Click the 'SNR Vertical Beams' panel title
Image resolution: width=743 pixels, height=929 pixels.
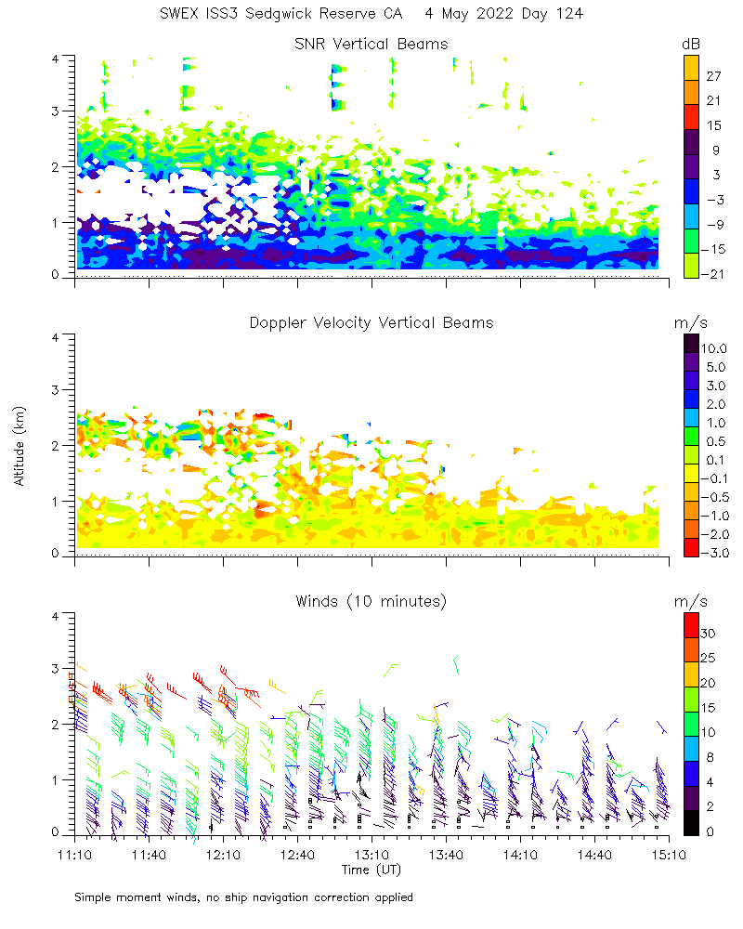[371, 44]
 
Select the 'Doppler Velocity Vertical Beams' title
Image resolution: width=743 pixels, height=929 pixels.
[371, 322]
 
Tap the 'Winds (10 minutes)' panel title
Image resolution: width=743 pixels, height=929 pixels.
[371, 601]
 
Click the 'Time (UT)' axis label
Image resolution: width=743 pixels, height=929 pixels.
[371, 870]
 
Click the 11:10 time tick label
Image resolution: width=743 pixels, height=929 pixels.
[74, 854]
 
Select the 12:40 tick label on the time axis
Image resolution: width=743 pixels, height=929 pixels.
[297, 854]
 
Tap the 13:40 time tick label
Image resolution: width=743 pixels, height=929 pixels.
[446, 854]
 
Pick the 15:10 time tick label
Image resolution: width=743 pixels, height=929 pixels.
[669, 854]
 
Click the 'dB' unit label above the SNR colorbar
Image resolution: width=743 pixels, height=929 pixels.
[691, 44]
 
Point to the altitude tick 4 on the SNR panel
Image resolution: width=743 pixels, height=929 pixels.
[56, 58]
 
